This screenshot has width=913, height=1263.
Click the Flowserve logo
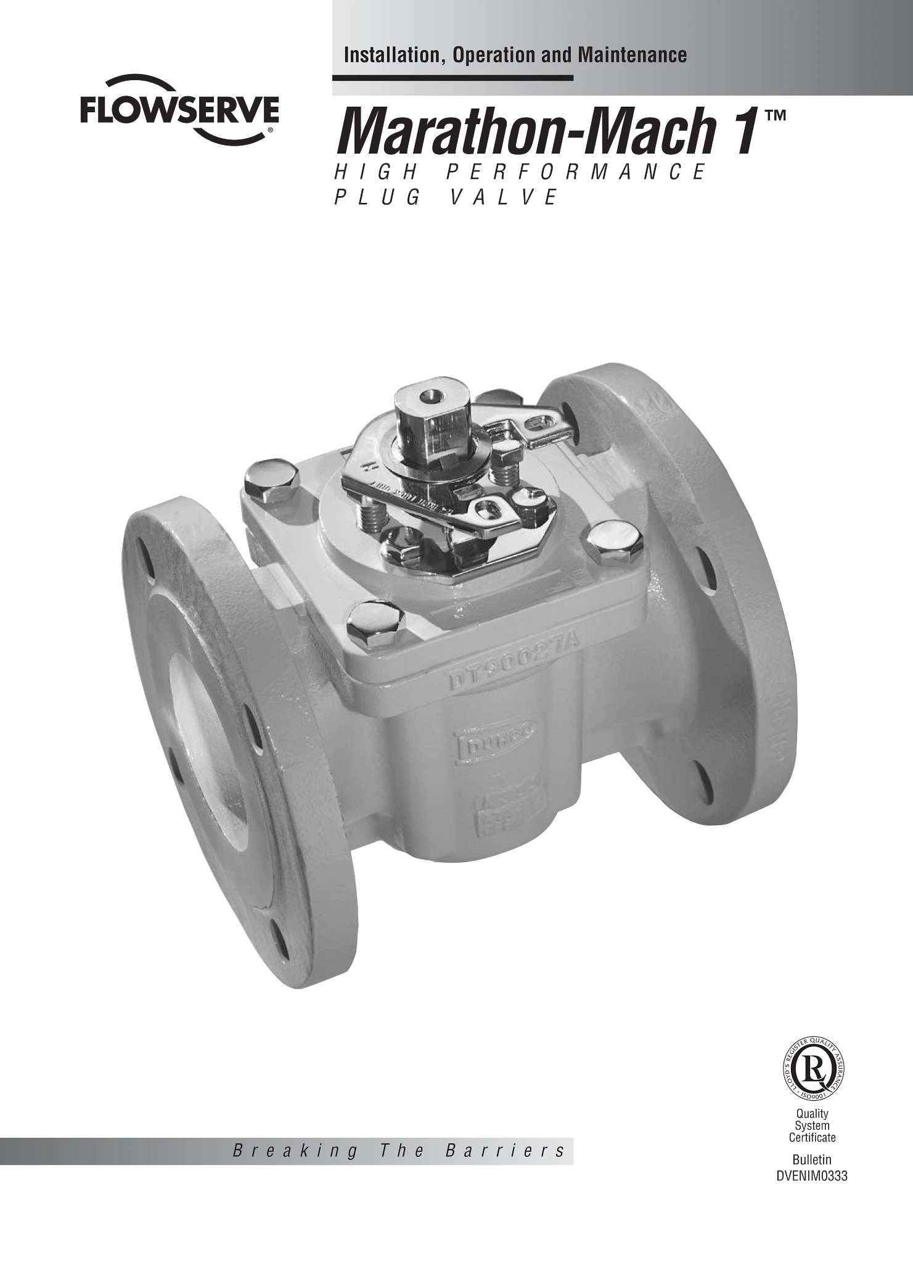[179, 111]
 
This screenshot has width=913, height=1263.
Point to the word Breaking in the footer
[295, 1151]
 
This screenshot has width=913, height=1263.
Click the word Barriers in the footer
[504, 1151]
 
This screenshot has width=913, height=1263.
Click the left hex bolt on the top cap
[271, 480]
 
